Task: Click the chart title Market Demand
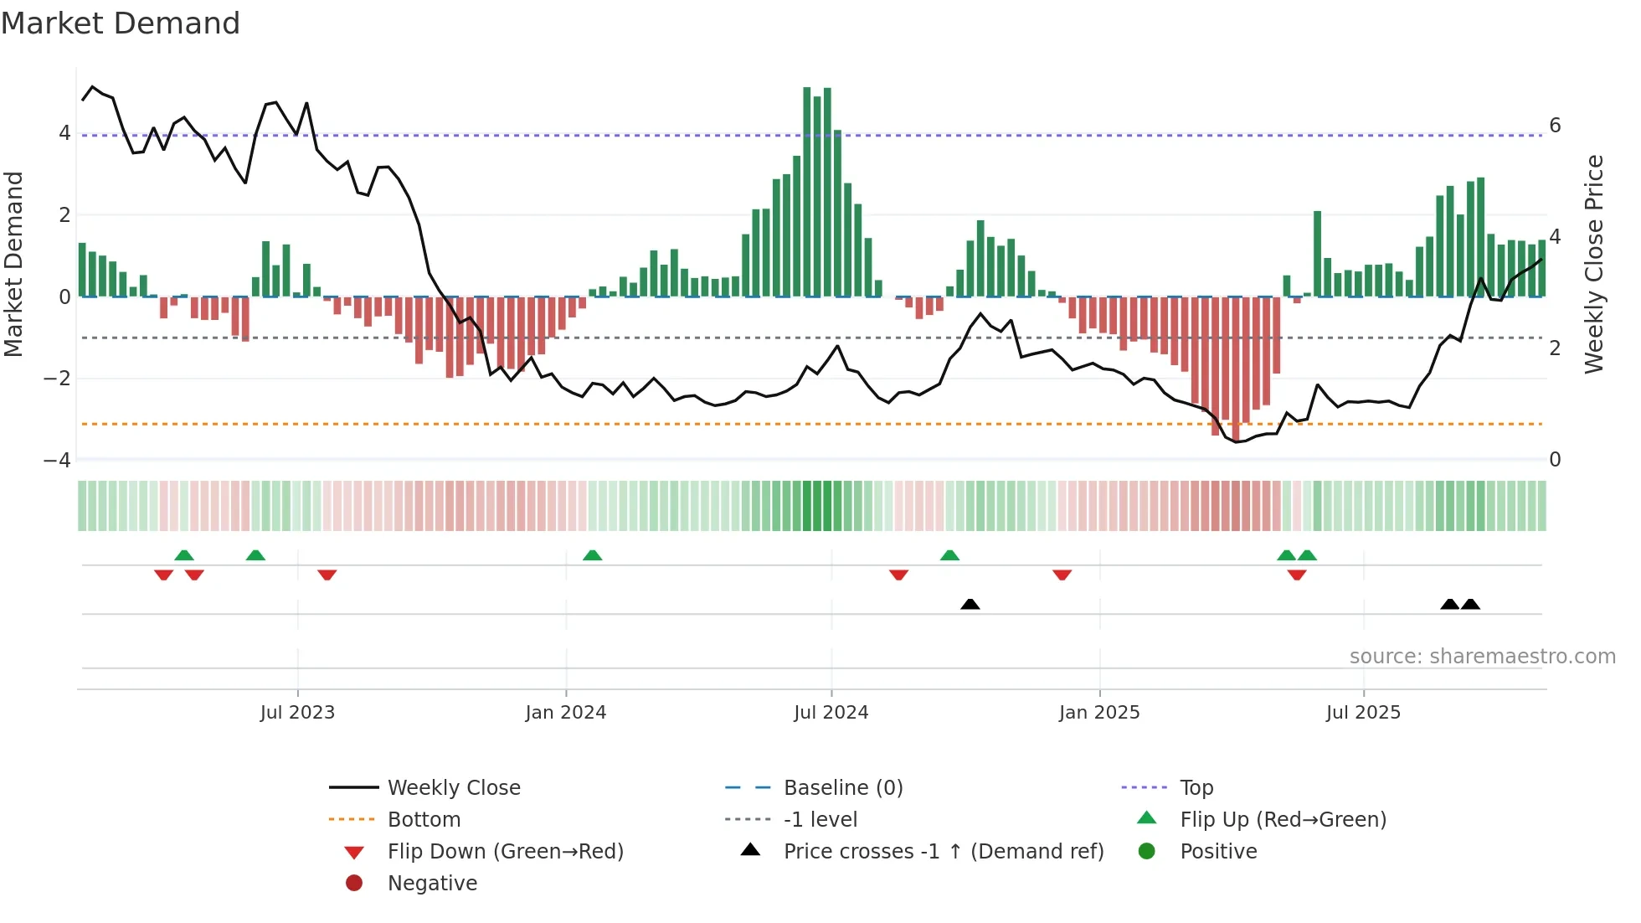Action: pyautogui.click(x=121, y=23)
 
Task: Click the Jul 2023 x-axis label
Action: pyautogui.click(x=297, y=713)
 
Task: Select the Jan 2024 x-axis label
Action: pyautogui.click(x=565, y=713)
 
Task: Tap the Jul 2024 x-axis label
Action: pyautogui.click(x=831, y=713)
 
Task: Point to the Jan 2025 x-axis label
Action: pyautogui.click(x=1098, y=713)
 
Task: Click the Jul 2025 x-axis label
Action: pyautogui.click(x=1363, y=713)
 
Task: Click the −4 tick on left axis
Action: pyautogui.click(x=57, y=461)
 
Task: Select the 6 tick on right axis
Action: pyautogui.click(x=1555, y=126)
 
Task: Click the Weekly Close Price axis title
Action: pyautogui.click(x=1594, y=264)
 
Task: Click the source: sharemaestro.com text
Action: pyautogui.click(x=1482, y=657)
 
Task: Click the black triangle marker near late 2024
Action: pyautogui.click(x=970, y=604)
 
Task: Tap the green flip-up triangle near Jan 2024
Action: pyautogui.click(x=592, y=555)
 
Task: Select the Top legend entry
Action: pyautogui.click(x=1196, y=788)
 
